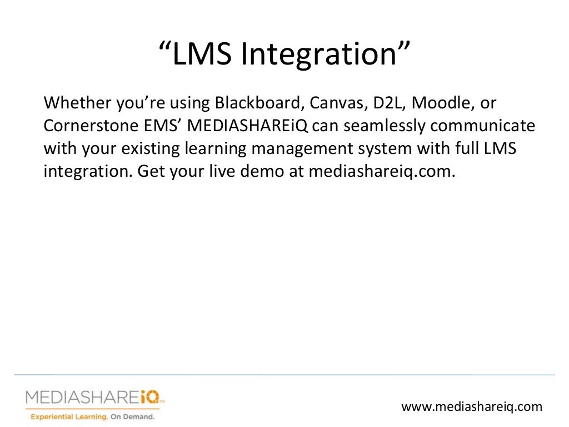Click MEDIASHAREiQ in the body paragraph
[x=248, y=126]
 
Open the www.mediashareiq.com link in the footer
[x=471, y=407]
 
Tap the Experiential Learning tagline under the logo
[x=92, y=416]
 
